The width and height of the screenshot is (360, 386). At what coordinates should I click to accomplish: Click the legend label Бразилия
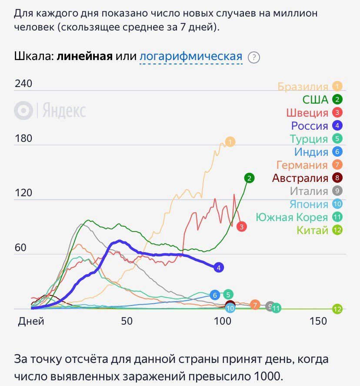[303, 87]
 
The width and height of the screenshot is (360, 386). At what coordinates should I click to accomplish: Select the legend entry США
[315, 100]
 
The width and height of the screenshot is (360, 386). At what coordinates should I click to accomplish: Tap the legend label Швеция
[307, 113]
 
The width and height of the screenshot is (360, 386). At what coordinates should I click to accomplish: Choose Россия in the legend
[310, 126]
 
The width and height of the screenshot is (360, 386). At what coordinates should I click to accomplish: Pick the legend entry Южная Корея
[292, 217]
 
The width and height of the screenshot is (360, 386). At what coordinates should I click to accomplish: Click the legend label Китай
[312, 230]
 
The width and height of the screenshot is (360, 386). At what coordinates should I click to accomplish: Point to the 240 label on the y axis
[23, 84]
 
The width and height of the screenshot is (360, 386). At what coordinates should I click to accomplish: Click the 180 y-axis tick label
[23, 139]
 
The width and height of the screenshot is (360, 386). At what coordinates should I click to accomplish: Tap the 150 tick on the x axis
[318, 321]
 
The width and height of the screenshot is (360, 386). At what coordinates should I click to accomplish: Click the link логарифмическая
[191, 57]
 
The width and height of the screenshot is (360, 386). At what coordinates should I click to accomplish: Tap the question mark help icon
[253, 57]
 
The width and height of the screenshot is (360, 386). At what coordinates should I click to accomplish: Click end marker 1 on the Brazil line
[230, 141]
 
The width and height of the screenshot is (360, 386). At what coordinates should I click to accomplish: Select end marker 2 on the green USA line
[249, 178]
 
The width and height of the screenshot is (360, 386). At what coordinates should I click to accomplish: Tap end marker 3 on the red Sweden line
[242, 226]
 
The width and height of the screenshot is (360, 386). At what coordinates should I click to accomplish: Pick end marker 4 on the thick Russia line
[219, 267]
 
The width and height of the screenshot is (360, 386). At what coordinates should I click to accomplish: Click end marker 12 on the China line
[337, 309]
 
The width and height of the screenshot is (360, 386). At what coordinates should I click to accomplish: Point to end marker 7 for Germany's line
[255, 305]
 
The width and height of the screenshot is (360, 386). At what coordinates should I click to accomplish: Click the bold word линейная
[85, 57]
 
